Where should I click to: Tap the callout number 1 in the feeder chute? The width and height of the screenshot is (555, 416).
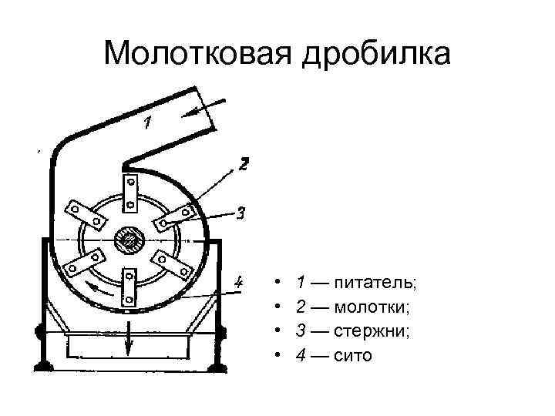(148, 121)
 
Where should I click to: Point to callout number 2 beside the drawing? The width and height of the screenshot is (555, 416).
(243, 163)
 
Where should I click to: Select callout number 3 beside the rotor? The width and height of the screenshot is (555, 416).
(240, 213)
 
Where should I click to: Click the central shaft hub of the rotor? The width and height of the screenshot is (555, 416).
(128, 241)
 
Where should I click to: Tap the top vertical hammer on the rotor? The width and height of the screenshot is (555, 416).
(130, 192)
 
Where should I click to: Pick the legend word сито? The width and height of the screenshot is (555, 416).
(354, 356)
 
